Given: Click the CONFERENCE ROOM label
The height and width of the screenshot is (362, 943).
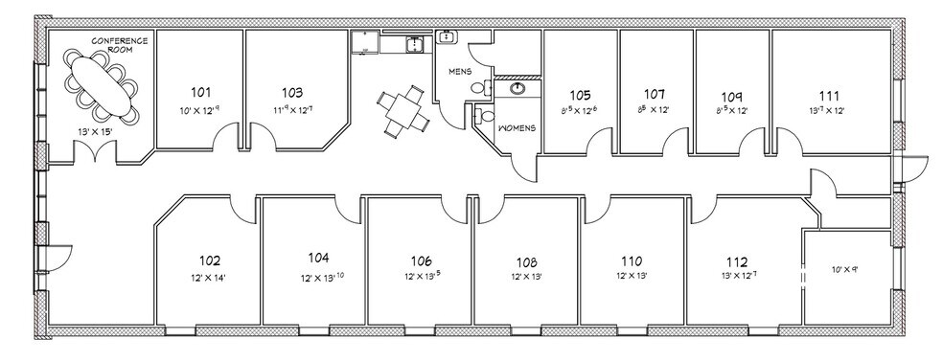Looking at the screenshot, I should coord(119,45).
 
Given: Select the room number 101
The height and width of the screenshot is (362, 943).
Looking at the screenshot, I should coord(200,93).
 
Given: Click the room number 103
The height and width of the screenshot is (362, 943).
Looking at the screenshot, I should coord(292,93).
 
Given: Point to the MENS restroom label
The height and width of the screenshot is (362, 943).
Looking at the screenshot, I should coord(460,72).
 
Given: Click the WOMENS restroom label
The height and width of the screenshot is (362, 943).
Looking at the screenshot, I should coord(515,128).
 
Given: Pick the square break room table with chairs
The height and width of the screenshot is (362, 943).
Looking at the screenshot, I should coord(402,109).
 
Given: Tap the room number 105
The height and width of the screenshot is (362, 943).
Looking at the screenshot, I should coord(580,95).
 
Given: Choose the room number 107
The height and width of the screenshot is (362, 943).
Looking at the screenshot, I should coord(655,95).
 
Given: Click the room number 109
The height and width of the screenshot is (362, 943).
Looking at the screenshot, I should coord(732,96).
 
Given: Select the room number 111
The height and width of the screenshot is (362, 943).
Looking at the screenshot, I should coord(829,96).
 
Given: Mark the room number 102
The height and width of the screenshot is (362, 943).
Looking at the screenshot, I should coord(210,260).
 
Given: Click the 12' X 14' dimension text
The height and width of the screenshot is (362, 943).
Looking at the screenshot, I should coord(210,278).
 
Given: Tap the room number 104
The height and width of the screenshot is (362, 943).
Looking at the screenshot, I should coord(318,259).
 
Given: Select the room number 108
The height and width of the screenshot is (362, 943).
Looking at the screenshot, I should coord(527,260).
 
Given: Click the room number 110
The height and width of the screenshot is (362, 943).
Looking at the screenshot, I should coord(631,260).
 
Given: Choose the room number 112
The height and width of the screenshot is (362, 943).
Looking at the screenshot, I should coord(736,260).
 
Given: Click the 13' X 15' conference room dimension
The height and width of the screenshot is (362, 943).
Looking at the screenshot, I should coord(95,130).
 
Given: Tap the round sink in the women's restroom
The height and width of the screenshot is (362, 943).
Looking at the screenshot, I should coord(518,89).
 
